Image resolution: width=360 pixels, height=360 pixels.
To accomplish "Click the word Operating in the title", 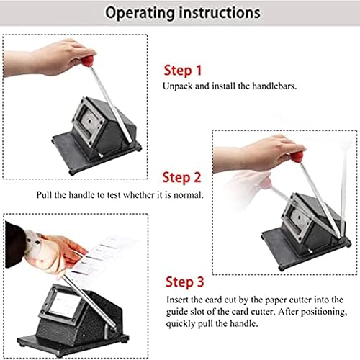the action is [140, 13].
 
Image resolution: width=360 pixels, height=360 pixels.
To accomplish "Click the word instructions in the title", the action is [220, 12].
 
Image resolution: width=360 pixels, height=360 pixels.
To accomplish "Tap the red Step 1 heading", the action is [183, 71].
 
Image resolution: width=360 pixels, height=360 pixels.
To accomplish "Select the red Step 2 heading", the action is [181, 178].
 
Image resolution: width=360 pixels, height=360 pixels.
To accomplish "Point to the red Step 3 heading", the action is [184, 282].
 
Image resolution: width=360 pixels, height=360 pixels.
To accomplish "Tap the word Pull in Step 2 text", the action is [44, 194].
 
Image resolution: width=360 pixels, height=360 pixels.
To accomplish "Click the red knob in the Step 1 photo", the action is [88, 61].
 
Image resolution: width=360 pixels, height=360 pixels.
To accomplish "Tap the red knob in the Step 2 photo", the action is [297, 156].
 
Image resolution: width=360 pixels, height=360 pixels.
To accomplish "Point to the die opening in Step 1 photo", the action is [89, 122].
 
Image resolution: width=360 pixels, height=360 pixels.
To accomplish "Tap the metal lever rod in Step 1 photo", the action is [112, 105].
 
